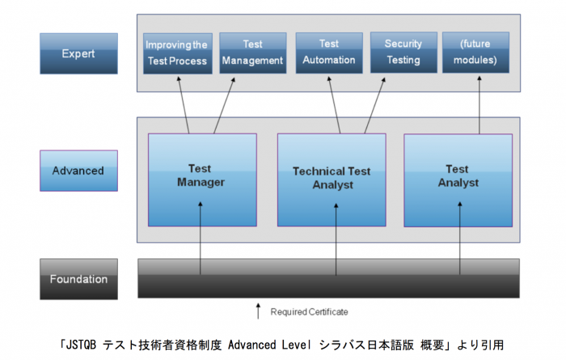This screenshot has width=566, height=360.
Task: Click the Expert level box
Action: coord(78,53)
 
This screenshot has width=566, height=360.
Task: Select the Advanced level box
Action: coord(78,171)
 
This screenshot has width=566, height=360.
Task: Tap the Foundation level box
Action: coord(78,279)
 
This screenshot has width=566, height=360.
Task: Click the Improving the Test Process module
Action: coord(176,53)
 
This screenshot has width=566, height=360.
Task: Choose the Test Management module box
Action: coord(252,53)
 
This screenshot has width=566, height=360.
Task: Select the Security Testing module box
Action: coord(403,53)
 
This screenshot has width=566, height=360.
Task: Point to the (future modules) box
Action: coord(476,53)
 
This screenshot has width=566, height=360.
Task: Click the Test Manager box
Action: coord(202,180)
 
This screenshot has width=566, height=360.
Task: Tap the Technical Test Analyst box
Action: coord(332,180)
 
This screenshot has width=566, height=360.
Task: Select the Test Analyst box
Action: coord(458,180)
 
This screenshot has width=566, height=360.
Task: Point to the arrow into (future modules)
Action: coord(479,104)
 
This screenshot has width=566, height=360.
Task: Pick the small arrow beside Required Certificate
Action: coord(259,311)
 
